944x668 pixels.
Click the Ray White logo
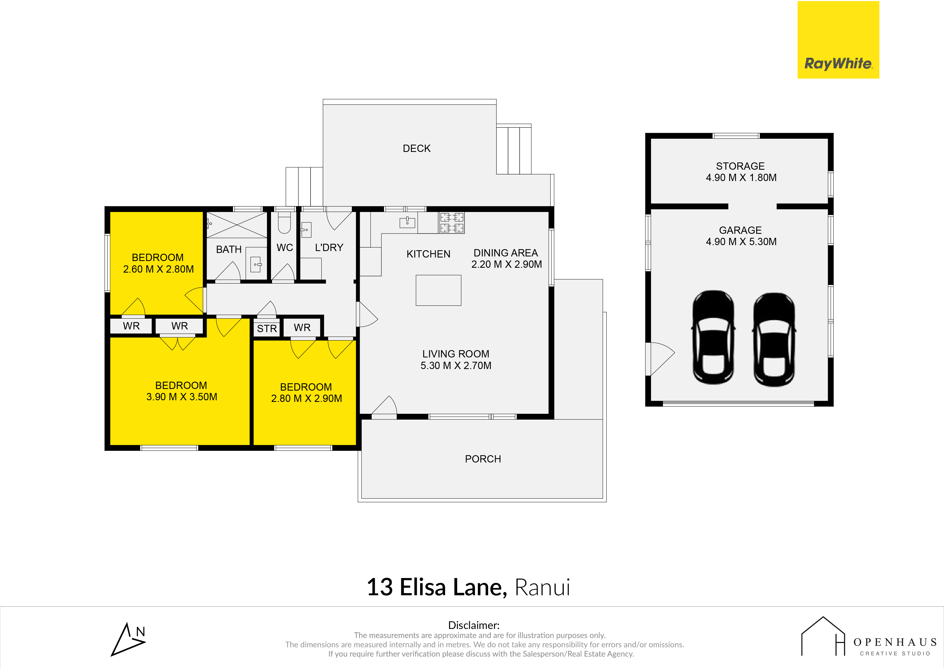[x=838, y=40]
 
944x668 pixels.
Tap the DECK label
[x=417, y=149]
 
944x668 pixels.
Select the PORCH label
[x=483, y=459]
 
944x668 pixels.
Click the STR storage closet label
[x=267, y=328]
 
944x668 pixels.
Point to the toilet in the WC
[x=284, y=222]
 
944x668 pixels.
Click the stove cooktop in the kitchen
[x=452, y=223]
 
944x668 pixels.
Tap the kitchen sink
[x=407, y=222]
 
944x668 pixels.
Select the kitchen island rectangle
[x=438, y=290]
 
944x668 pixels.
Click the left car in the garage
[x=713, y=338]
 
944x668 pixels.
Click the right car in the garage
[x=774, y=340]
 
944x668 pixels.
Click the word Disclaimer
[x=474, y=625]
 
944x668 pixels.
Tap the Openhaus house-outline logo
[x=823, y=636]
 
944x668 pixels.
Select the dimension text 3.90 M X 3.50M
[x=182, y=397]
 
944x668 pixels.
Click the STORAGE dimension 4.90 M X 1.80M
[x=741, y=178]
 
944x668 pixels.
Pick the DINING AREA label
[x=506, y=253]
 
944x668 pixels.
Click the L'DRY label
[x=329, y=247]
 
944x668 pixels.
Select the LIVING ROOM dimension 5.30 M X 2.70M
[x=456, y=366]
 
